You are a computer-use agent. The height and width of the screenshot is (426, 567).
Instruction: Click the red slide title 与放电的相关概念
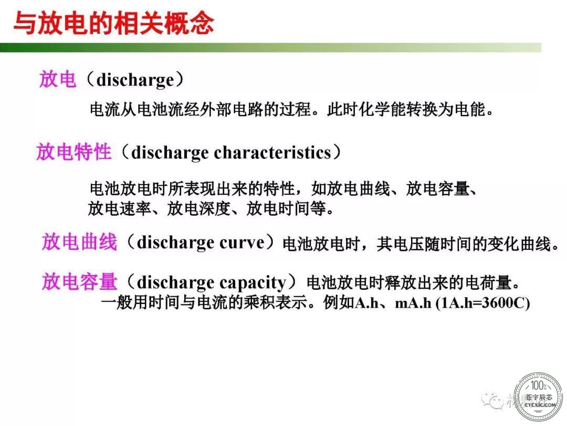click(x=113, y=24)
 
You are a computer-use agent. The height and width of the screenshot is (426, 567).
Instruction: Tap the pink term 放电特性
click(x=74, y=151)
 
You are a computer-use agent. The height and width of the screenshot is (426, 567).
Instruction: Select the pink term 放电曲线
click(x=80, y=241)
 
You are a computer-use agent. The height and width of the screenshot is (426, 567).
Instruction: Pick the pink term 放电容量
click(x=80, y=281)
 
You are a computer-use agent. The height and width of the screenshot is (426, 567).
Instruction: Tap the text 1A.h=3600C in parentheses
click(x=483, y=302)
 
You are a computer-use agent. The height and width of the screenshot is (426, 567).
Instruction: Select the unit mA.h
click(x=413, y=302)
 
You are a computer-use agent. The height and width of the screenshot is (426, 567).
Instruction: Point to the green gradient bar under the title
click(x=270, y=47)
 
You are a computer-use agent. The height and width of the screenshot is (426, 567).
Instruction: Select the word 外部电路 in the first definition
click(x=232, y=109)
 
